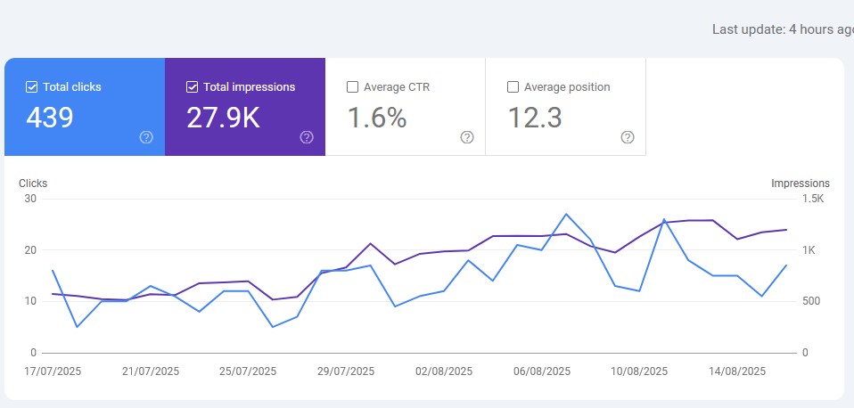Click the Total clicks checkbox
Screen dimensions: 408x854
[32, 87]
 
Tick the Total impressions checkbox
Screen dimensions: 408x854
[193, 87]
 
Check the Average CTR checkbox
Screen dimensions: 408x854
[352, 87]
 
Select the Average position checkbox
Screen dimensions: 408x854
[513, 87]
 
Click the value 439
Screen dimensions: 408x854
[49, 118]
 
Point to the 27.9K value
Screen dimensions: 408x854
[223, 118]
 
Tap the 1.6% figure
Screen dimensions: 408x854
[376, 118]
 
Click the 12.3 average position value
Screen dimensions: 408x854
[535, 118]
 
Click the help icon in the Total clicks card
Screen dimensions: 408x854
[146, 137]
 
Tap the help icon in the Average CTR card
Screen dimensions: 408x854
[467, 137]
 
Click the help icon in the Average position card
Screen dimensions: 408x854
[628, 137]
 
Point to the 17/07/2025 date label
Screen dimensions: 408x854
[53, 371]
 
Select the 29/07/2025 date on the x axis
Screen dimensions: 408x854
[346, 371]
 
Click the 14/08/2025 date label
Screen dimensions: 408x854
[737, 371]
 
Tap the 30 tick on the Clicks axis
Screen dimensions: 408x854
[30, 199]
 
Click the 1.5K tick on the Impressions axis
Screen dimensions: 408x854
[813, 199]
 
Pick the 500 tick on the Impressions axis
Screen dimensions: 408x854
[812, 301]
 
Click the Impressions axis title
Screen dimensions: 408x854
[800, 184]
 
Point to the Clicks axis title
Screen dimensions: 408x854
[33, 184]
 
